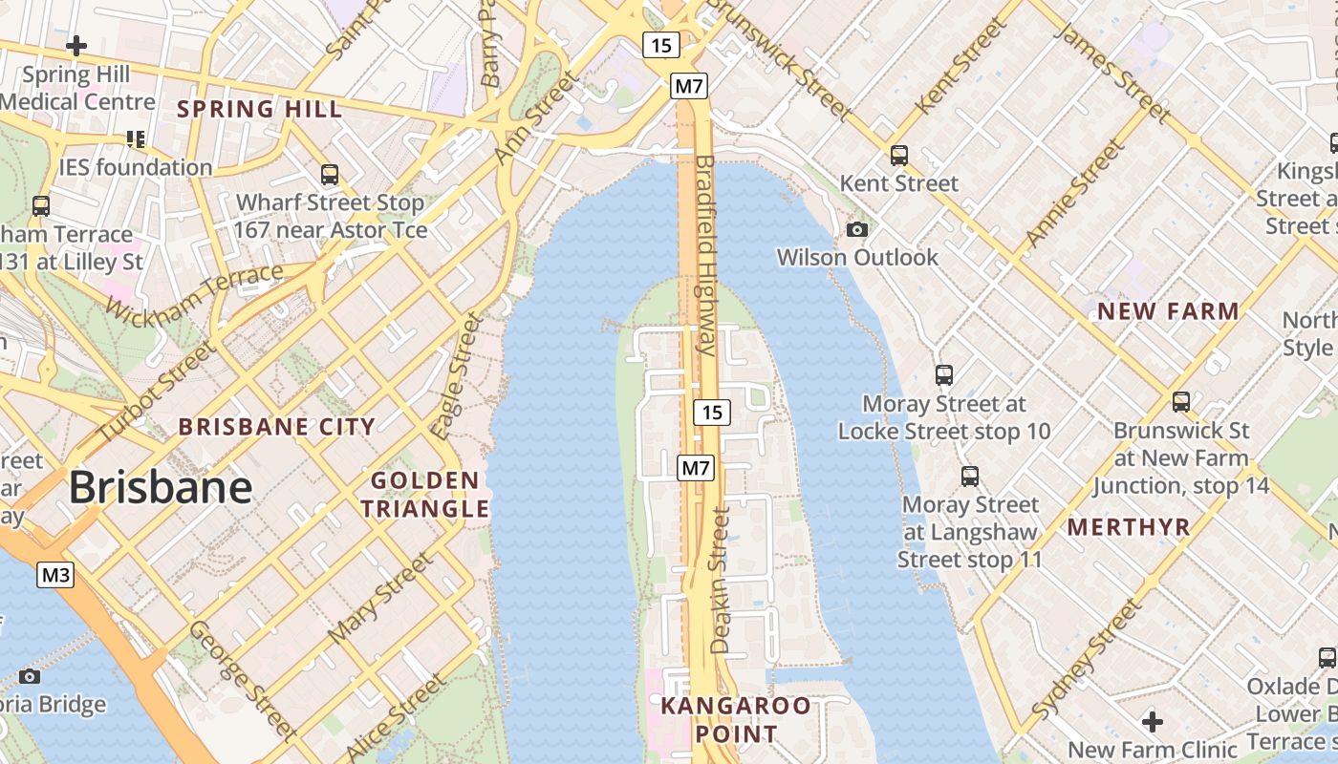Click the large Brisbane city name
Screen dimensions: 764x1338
(x=161, y=488)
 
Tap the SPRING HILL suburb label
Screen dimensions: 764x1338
(x=259, y=109)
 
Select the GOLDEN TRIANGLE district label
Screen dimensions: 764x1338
(x=424, y=495)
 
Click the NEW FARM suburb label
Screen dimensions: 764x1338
(x=1168, y=311)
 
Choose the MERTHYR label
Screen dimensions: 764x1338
(x=1129, y=527)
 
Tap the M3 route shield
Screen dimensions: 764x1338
(x=55, y=575)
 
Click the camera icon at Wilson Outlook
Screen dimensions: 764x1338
(x=857, y=229)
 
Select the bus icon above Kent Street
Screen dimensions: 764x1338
(x=898, y=155)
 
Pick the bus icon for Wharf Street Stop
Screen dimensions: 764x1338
(x=330, y=175)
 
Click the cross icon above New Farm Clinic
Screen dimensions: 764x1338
(x=1153, y=720)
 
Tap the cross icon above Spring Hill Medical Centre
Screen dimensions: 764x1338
(x=76, y=45)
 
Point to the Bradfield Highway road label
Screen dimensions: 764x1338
(x=706, y=255)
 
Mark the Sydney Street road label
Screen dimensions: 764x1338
(x=1088, y=659)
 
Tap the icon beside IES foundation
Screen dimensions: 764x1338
(x=136, y=139)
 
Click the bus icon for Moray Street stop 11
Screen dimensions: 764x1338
(x=970, y=476)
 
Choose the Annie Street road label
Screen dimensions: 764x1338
(x=1074, y=193)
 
